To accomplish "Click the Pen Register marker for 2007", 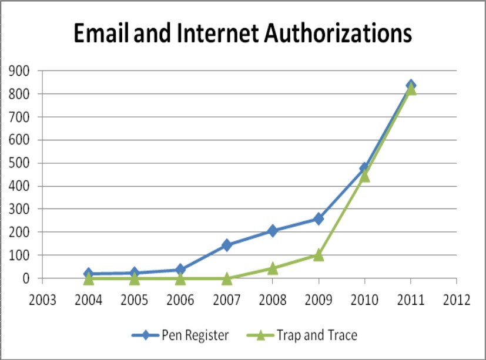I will pyautogui.click(x=226, y=245).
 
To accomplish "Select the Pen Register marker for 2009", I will pyautogui.click(x=318, y=218).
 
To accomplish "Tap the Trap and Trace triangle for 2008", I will pyautogui.click(x=272, y=268).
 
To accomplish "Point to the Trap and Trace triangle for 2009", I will pyautogui.click(x=318, y=255).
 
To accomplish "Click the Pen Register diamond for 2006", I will pyautogui.click(x=180, y=270).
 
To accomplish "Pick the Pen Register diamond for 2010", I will pyautogui.click(x=364, y=168).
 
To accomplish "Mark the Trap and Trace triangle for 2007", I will pyautogui.click(x=226, y=278).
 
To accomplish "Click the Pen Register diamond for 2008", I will pyautogui.click(x=272, y=231).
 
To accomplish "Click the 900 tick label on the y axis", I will pyautogui.click(x=19, y=71).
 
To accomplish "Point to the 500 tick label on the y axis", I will pyautogui.click(x=19, y=163).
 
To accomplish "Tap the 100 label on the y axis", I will pyautogui.click(x=19, y=255).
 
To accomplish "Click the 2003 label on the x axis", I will pyautogui.click(x=42, y=300).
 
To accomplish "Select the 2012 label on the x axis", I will pyautogui.click(x=457, y=300).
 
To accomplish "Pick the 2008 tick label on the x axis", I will pyautogui.click(x=272, y=300).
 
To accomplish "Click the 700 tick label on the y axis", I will pyautogui.click(x=19, y=117).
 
